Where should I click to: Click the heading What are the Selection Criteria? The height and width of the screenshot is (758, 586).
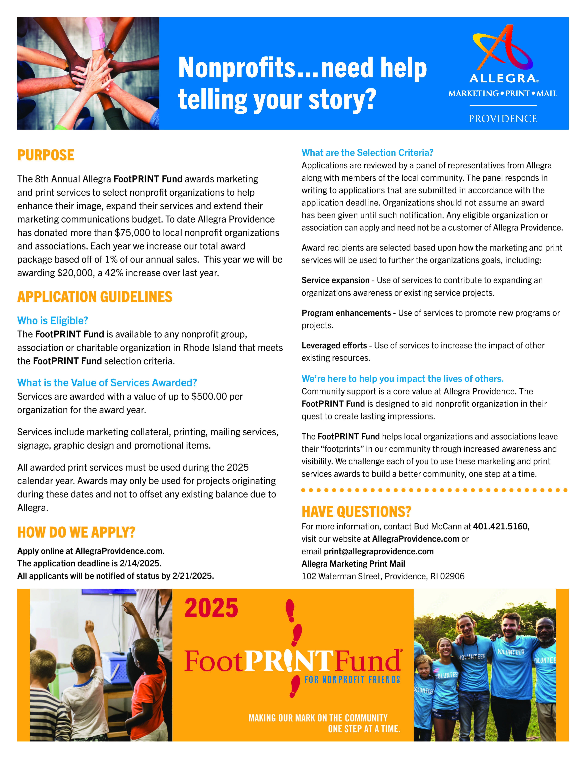(367, 153)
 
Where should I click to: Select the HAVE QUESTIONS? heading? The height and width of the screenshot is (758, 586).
(356, 512)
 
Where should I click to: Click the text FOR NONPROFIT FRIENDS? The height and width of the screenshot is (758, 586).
(352, 680)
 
